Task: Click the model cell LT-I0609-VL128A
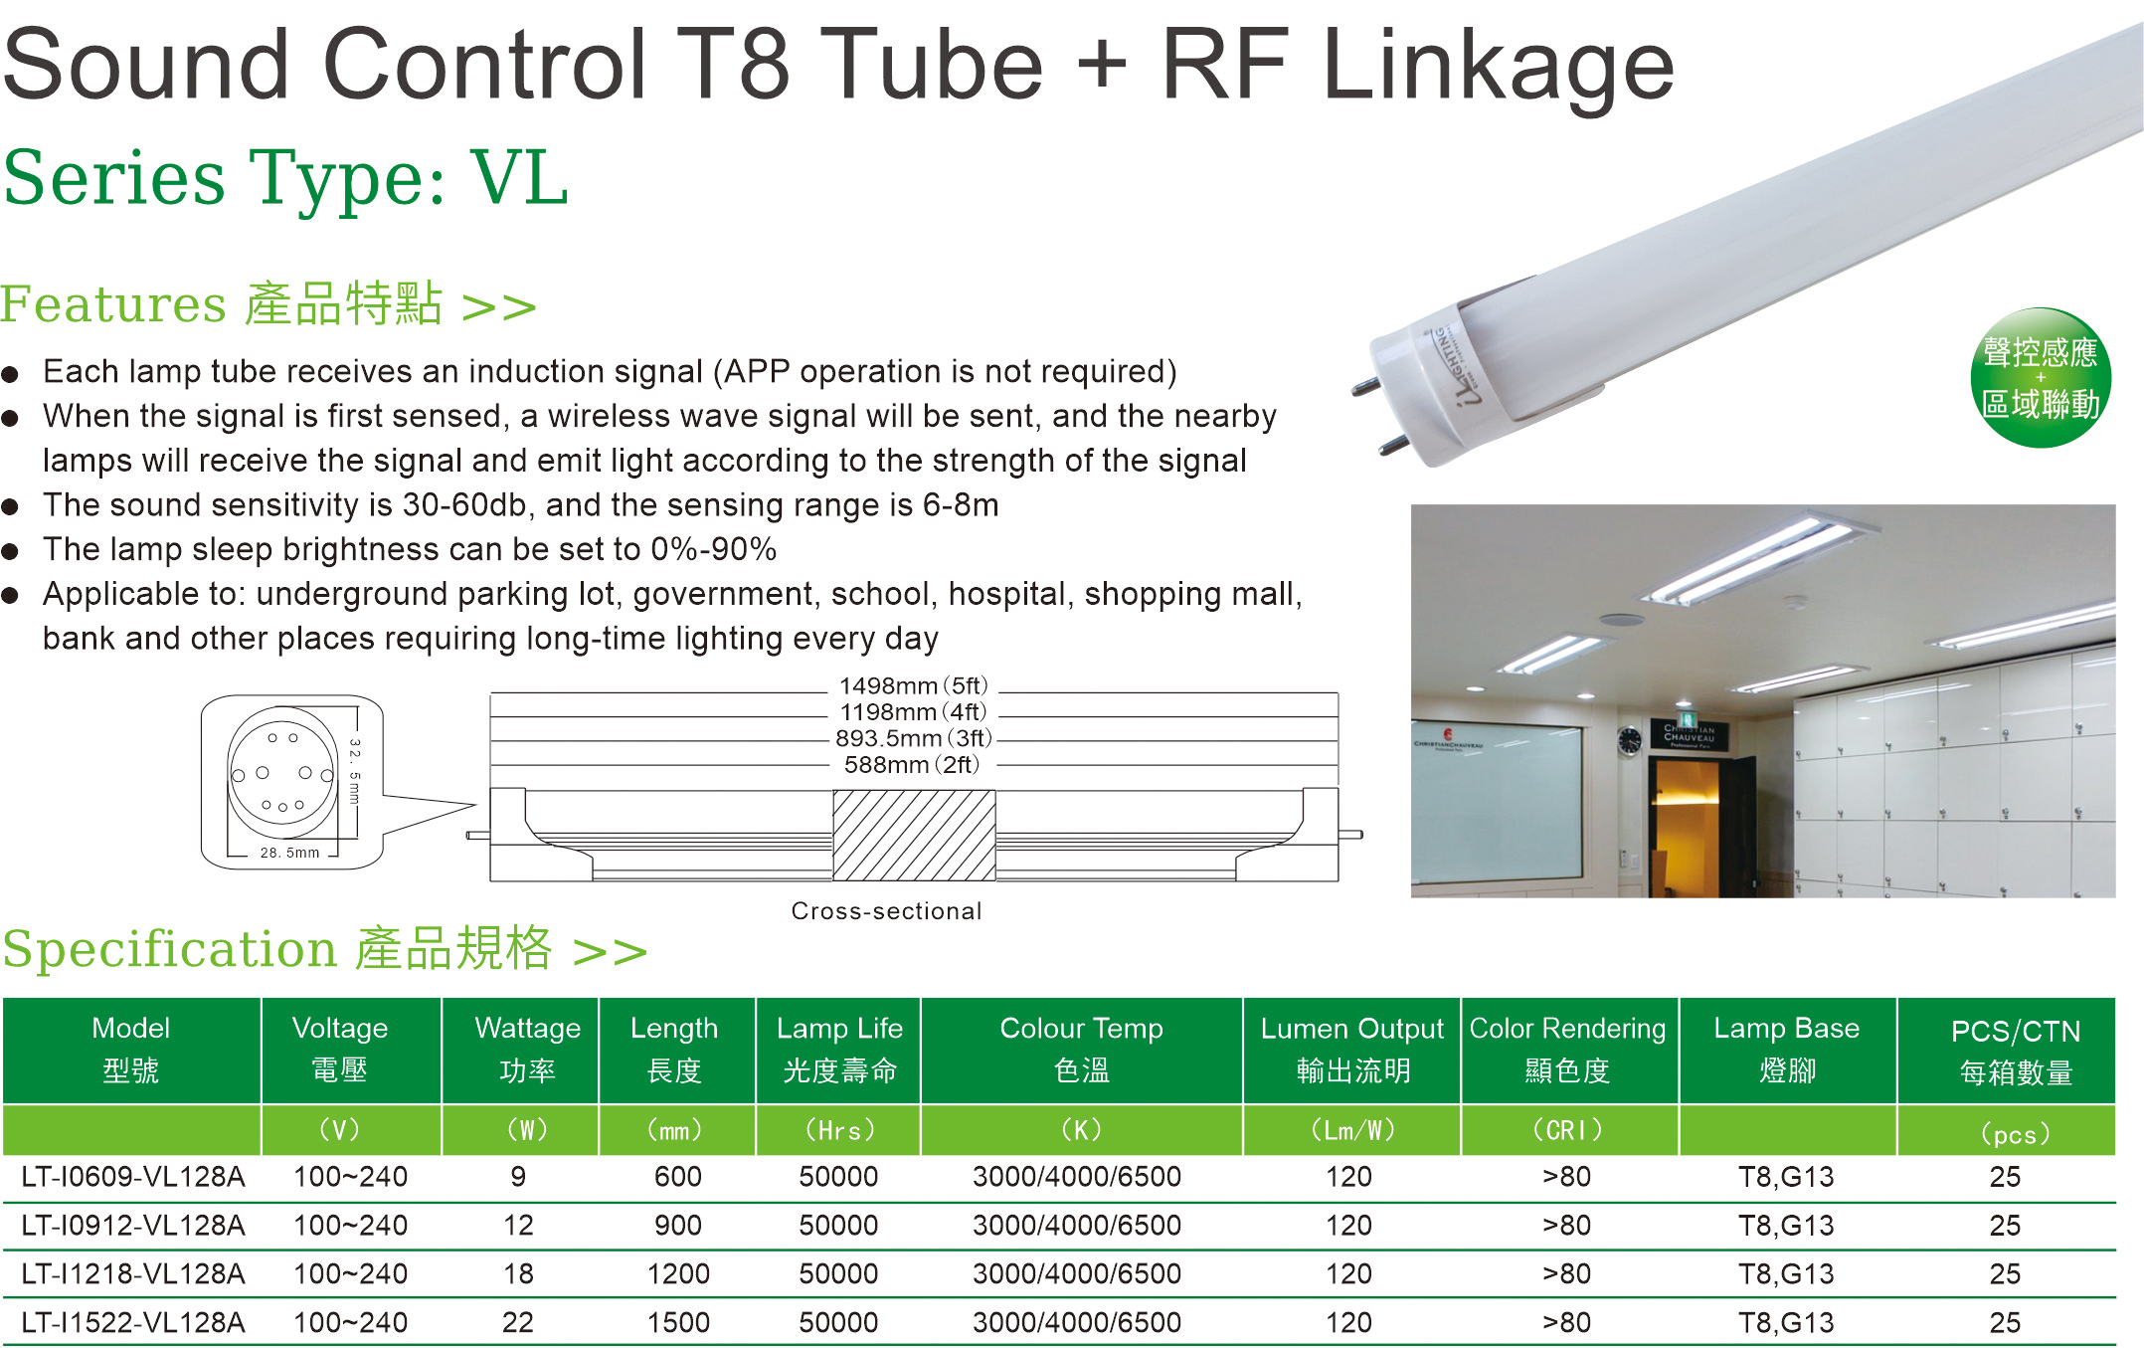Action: pyautogui.click(x=133, y=1177)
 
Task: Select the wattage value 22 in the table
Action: pyautogui.click(x=518, y=1322)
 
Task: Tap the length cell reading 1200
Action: pyautogui.click(x=678, y=1273)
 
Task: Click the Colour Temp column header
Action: pyautogui.click(x=1081, y=1050)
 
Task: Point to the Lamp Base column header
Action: pyautogui.click(x=1787, y=1050)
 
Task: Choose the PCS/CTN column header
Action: pyautogui.click(x=2016, y=1052)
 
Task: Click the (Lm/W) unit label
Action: pyautogui.click(x=1352, y=1130)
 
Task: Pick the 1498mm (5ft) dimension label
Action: pyautogui.click(x=913, y=685)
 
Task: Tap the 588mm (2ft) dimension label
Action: pyautogui.click(x=912, y=764)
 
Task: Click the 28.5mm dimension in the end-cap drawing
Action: pyautogui.click(x=290, y=853)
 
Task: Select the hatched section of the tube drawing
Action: pyautogui.click(x=914, y=835)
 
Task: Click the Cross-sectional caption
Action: pyautogui.click(x=886, y=911)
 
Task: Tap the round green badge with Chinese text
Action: pyautogui.click(x=2041, y=378)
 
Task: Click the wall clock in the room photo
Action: pyautogui.click(x=1629, y=741)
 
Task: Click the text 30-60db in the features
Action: pyautogui.click(x=463, y=505)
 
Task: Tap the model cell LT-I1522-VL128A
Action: pyautogui.click(x=133, y=1322)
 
